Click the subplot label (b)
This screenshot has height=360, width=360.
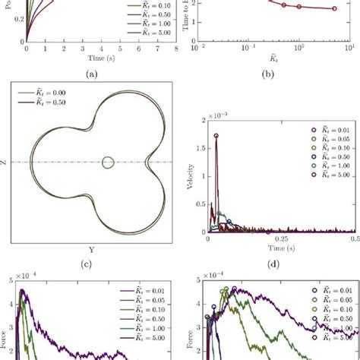point(269,74)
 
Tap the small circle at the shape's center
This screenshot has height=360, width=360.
point(108,162)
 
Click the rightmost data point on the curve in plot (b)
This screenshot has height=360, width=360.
point(333,30)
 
